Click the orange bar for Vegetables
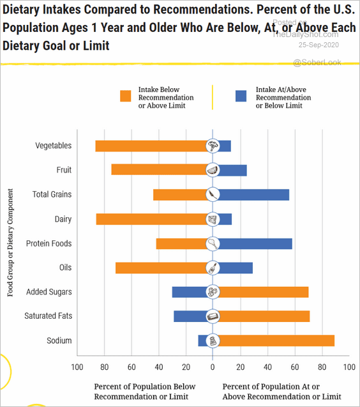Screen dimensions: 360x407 tap(151, 146)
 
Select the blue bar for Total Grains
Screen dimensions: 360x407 tap(254, 195)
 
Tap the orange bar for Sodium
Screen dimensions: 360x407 tap(277, 341)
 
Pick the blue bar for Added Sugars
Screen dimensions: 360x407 tap(189, 292)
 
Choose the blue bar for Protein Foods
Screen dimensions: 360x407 tap(256, 243)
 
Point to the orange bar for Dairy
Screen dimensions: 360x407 tap(151, 219)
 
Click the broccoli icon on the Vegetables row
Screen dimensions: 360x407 tap(213, 146)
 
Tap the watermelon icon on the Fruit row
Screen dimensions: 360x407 tap(213, 170)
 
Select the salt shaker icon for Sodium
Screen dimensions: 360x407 tap(213, 341)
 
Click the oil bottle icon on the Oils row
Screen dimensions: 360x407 tap(213, 268)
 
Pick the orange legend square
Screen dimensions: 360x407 tap(126, 96)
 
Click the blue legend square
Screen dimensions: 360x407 tap(241, 96)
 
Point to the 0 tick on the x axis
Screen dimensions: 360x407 tap(213, 367)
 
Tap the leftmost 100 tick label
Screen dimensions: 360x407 tap(77, 367)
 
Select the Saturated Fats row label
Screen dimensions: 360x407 tap(49, 316)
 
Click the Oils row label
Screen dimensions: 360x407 tap(65, 267)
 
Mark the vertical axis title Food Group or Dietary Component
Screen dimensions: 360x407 tap(10, 243)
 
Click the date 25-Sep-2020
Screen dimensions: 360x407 tap(319, 45)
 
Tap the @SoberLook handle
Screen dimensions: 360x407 tap(317, 63)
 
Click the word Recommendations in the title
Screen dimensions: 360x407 tap(202, 10)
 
